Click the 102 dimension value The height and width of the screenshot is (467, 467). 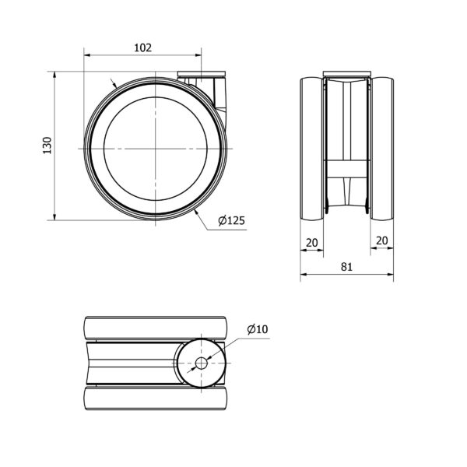pos(143,47)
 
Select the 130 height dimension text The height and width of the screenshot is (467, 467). pos(47,146)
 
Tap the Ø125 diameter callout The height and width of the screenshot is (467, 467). pos(231,220)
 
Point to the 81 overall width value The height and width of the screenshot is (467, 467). pos(346,267)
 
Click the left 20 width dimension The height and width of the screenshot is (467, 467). pos(312,243)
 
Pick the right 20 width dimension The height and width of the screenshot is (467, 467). pos(382,241)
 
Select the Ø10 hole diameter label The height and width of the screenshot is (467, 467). pos(258,329)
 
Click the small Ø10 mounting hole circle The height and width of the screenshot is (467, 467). pos(202,363)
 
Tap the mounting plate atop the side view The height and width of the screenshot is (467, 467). pos(202,74)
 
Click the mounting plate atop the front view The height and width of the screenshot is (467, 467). pos(347,73)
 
